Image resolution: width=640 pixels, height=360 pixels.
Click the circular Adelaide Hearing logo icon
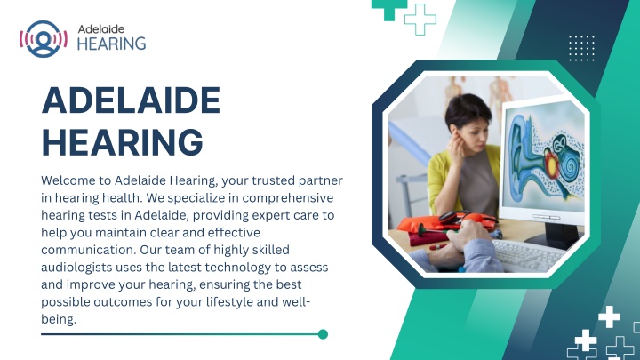pos(44,39)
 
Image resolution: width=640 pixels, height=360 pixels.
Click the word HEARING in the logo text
pos(111,44)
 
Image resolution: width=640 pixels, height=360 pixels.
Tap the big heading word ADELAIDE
pos(131,100)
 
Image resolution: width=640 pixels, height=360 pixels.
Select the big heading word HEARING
pos(123,142)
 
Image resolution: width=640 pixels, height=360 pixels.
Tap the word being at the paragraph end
pos(58,319)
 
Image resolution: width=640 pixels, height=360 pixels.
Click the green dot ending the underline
pos(323,334)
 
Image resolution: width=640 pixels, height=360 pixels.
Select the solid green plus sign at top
pos(389,9)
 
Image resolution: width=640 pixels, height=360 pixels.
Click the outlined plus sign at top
pos(420,20)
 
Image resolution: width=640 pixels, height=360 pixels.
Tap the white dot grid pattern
pos(581,48)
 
